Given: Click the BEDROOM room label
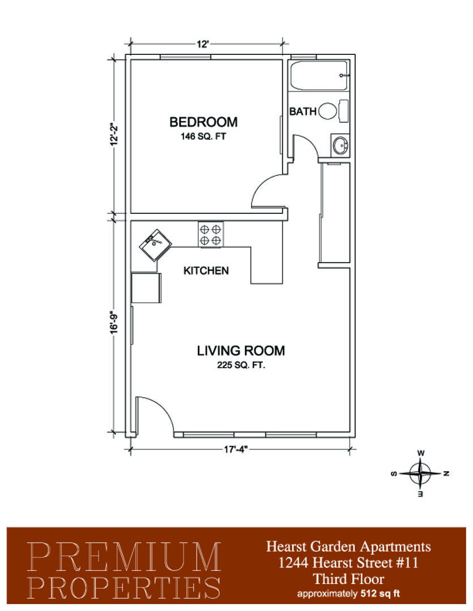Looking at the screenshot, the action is [203, 122].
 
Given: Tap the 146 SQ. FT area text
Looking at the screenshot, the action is [203, 137].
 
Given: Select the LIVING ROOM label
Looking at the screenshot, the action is [241, 351].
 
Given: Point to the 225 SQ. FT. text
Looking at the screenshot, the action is [241, 365].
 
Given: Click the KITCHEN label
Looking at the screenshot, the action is [206, 270].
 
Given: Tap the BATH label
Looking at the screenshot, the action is [303, 111].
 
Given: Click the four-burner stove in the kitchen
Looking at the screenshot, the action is [211, 234].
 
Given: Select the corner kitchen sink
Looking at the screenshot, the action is [155, 245].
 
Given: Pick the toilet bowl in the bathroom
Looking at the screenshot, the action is [328, 111].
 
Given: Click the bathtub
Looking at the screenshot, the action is [319, 76].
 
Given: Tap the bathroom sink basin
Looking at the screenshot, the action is [340, 146].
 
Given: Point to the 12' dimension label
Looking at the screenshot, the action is [203, 44].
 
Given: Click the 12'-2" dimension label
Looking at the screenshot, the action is [113, 135].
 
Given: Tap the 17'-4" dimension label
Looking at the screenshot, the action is [236, 449].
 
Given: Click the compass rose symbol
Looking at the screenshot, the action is [420, 474].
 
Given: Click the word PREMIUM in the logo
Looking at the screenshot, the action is [125, 556].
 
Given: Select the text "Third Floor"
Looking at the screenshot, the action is [348, 579].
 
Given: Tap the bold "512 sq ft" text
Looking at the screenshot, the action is [381, 594].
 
